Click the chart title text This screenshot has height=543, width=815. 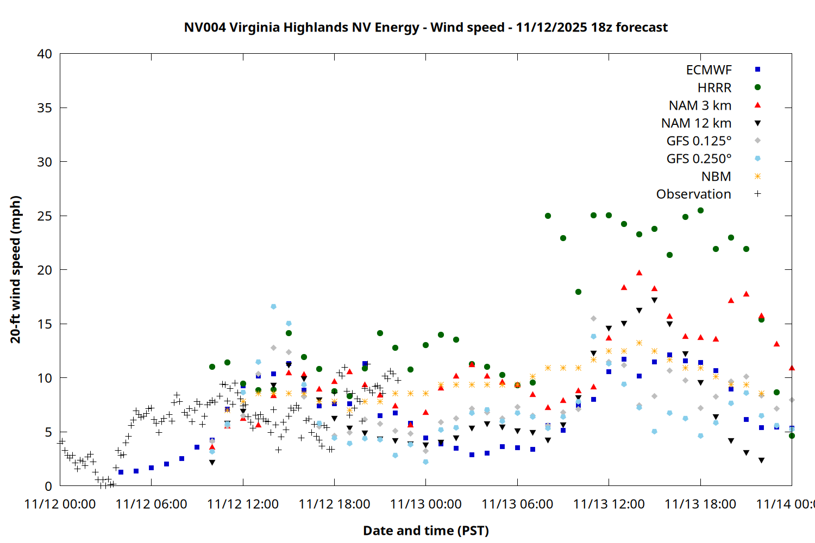pyautogui.click(x=425, y=27)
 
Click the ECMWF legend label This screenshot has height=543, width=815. pyautogui.click(x=709, y=70)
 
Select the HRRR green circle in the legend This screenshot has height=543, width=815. pyautogui.click(x=757, y=87)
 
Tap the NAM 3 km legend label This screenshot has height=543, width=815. pyautogui.click(x=700, y=105)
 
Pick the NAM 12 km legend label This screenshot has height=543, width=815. pyautogui.click(x=696, y=123)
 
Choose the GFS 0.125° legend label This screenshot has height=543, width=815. pyautogui.click(x=699, y=141)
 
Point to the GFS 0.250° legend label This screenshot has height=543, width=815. pyautogui.click(x=699, y=159)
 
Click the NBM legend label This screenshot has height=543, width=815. pyautogui.click(x=716, y=176)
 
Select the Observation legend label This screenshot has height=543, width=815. pyautogui.click(x=693, y=194)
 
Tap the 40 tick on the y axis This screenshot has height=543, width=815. pyautogui.click(x=45, y=54)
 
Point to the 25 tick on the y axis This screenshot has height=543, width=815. pyautogui.click(x=45, y=216)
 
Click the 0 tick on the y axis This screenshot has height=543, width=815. pyautogui.click(x=48, y=486)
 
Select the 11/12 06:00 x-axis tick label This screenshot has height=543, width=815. pyautogui.click(x=151, y=504)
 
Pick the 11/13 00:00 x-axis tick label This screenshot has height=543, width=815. pyautogui.click(x=425, y=504)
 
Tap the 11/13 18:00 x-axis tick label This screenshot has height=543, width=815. pyautogui.click(x=700, y=504)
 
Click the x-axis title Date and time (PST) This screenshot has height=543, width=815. pyautogui.click(x=425, y=531)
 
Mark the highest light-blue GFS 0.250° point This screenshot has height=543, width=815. pyautogui.click(x=273, y=307)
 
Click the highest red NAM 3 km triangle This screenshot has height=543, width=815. pyautogui.click(x=640, y=273)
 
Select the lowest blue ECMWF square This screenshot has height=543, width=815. pyautogui.click(x=121, y=472)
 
